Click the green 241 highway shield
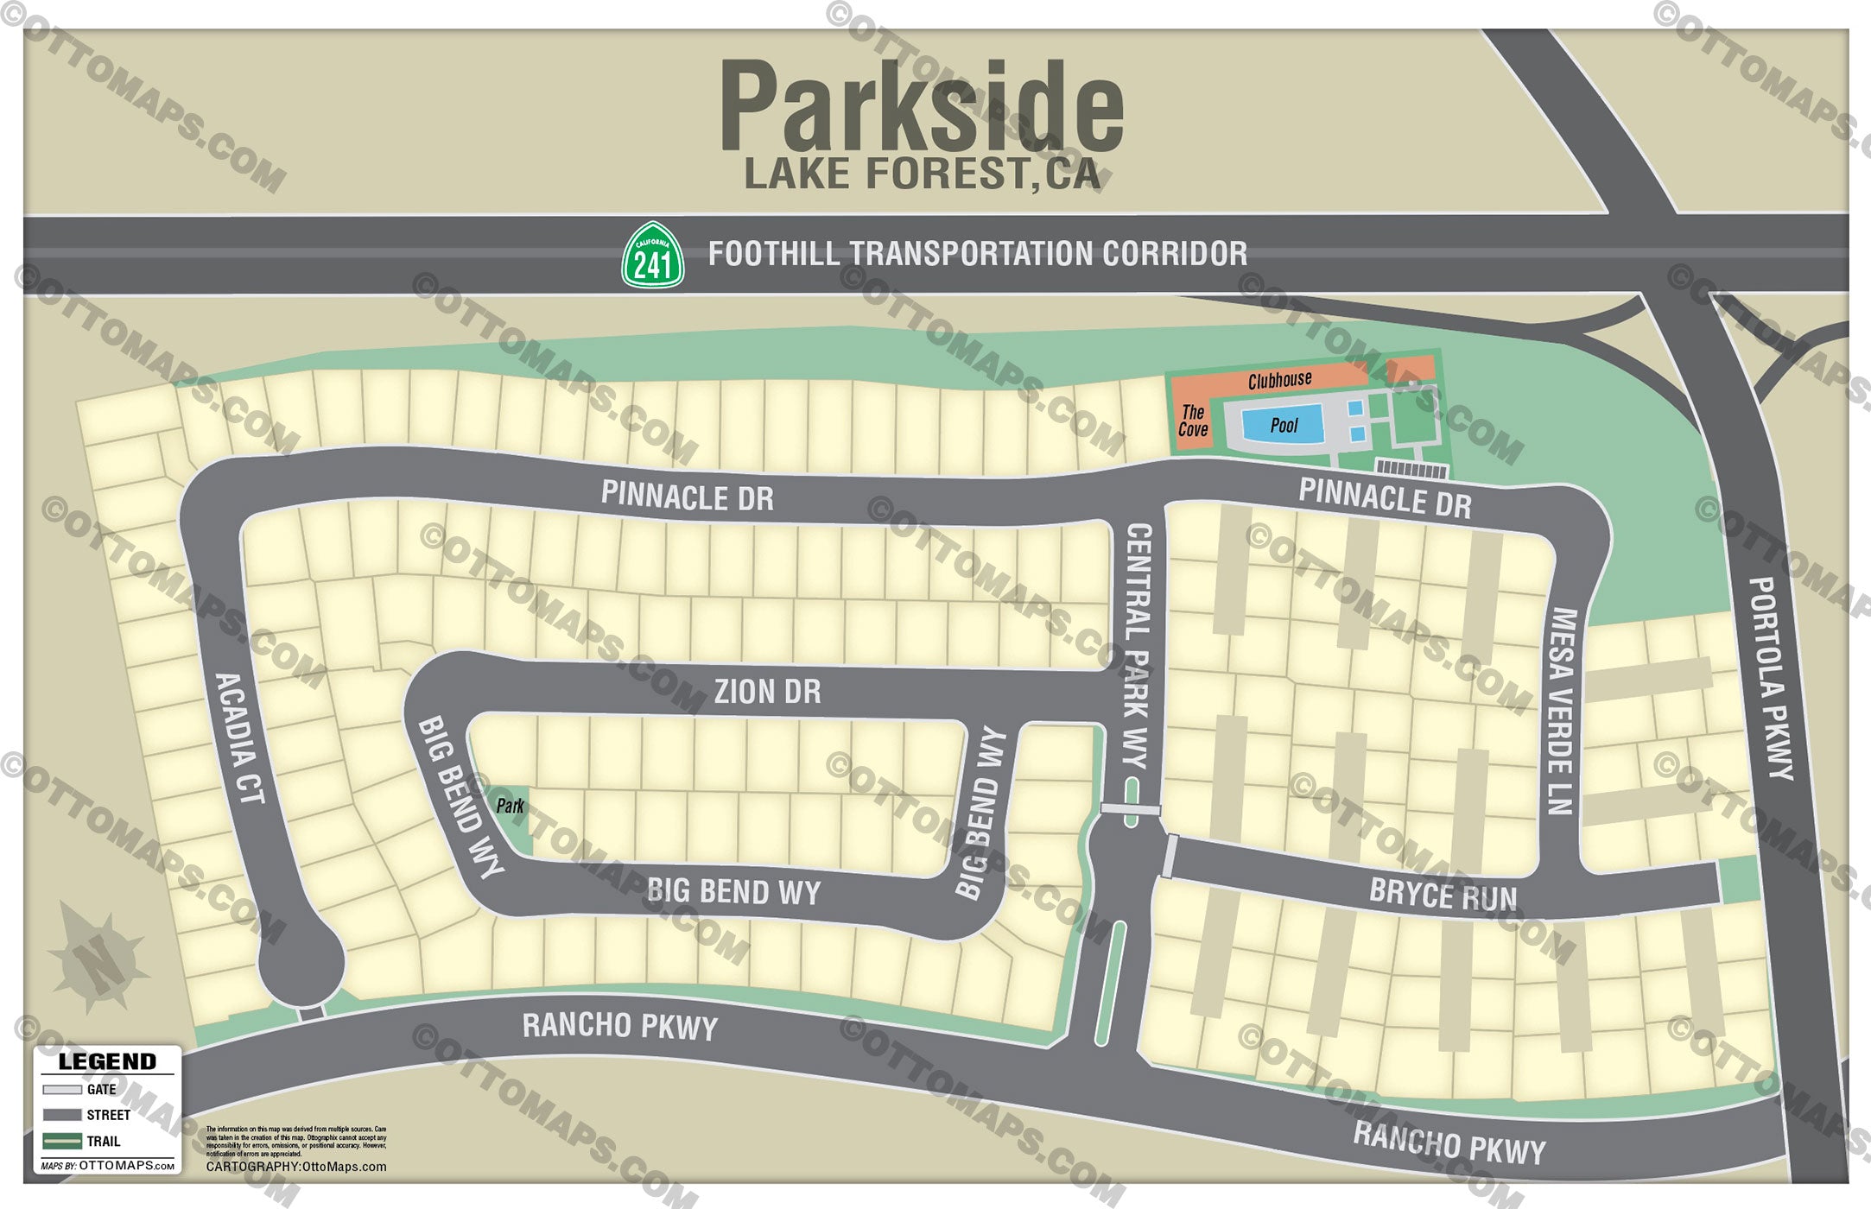pyautogui.click(x=653, y=256)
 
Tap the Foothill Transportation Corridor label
pyautogui.click(x=977, y=254)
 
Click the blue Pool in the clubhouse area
pyautogui.click(x=1283, y=425)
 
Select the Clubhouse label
pyautogui.click(x=1279, y=380)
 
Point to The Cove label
pyautogui.click(x=1193, y=421)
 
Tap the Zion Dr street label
pyautogui.click(x=767, y=692)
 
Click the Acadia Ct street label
pyautogui.click(x=238, y=738)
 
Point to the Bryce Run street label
pyautogui.click(x=1443, y=895)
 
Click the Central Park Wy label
pyautogui.click(x=1137, y=645)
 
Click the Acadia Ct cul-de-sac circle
pyautogui.click(x=301, y=961)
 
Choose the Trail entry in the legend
pyautogui.click(x=81, y=1142)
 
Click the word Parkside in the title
pyautogui.click(x=922, y=108)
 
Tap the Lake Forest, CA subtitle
pyautogui.click(x=922, y=174)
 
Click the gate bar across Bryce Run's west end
pyautogui.click(x=1170, y=856)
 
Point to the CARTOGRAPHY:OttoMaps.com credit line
pyautogui.click(x=296, y=1167)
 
